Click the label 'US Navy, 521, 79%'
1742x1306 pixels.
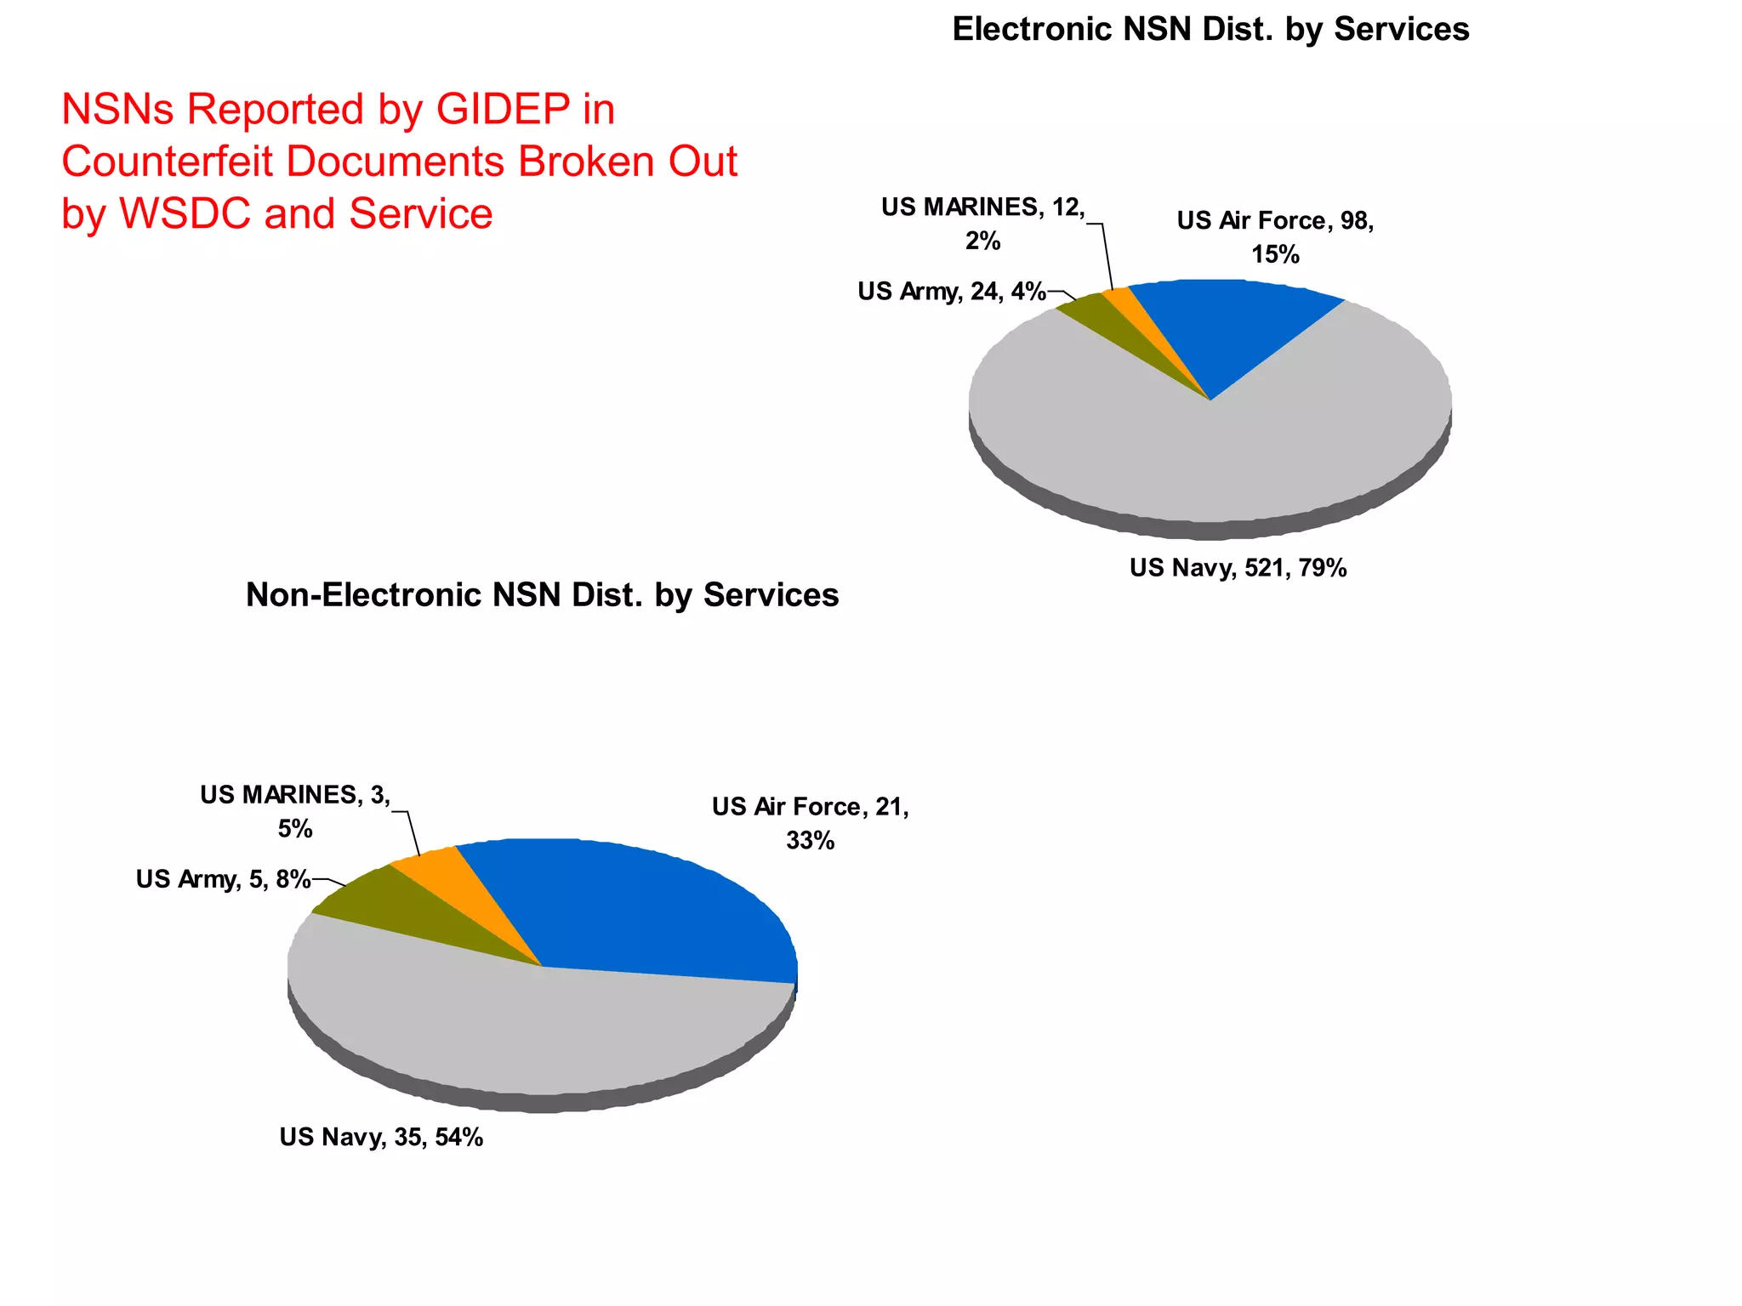1238,567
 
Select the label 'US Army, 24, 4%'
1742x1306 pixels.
951,291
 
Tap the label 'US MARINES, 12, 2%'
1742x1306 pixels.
982,224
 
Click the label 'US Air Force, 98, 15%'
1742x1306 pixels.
1275,236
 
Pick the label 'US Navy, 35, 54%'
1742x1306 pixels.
381,1137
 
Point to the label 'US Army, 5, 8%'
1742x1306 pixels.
223,878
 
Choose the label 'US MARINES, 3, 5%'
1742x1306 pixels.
295,811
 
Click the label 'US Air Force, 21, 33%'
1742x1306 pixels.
810,823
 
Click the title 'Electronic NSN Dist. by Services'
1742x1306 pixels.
1210,29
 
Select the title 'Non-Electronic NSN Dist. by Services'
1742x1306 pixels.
542,594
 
